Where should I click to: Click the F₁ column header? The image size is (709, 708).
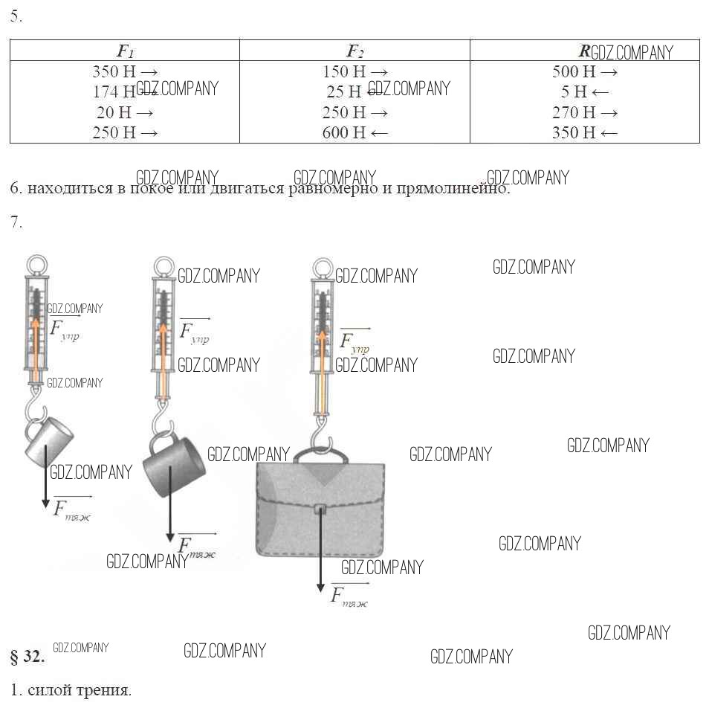(125, 51)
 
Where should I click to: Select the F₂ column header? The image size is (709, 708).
(355, 51)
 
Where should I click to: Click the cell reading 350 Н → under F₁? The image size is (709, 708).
(125, 72)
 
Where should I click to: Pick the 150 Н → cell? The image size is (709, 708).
(355, 72)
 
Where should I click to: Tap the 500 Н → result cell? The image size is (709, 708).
(585, 72)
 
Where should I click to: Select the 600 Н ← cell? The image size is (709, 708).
(355, 132)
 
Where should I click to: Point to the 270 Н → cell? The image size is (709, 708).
(585, 112)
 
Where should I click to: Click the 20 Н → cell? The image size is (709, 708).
(125, 112)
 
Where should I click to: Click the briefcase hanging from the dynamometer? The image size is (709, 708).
(320, 513)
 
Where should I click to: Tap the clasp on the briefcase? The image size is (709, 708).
(320, 509)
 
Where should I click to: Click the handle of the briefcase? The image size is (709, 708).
(321, 454)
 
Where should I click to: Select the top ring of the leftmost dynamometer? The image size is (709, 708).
(36, 265)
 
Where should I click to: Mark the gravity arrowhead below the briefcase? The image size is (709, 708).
(320, 587)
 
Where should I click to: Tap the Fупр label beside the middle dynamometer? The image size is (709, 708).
(194, 331)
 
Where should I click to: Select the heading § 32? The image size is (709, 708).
(27, 657)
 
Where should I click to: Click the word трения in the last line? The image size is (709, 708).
(103, 689)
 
